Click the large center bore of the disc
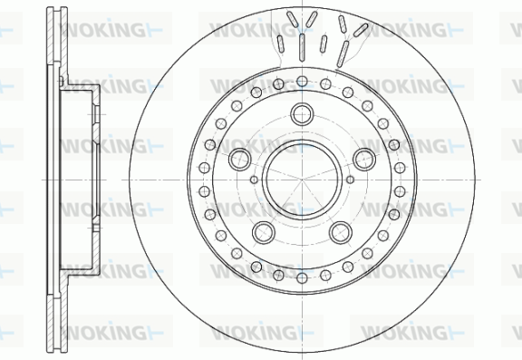(x=302, y=180)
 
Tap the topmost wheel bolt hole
(x=302, y=114)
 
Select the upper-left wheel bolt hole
(x=239, y=160)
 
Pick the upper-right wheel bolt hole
(x=364, y=160)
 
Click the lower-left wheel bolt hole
(x=264, y=232)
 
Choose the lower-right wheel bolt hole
(x=341, y=232)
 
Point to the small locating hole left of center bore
(x=254, y=180)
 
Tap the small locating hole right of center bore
(x=350, y=180)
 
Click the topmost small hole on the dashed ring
(x=302, y=82)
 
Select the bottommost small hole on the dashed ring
(x=302, y=277)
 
